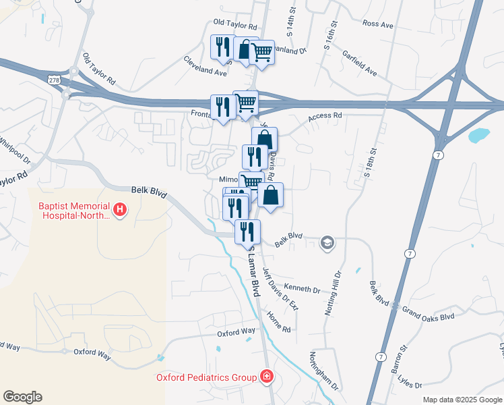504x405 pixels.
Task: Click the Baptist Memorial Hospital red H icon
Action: pos(120,210)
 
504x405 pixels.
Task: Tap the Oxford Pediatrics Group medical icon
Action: pos(267,377)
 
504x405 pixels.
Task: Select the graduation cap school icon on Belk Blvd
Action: pos(327,243)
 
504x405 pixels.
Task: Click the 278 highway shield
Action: pos(54,80)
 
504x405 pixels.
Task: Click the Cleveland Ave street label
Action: pos(205,65)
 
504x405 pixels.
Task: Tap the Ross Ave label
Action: pos(377,24)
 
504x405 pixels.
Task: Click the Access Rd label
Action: pos(325,116)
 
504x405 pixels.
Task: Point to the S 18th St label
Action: pos(369,163)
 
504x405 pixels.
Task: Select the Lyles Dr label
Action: pos(409,383)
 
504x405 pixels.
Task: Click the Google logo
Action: pos(22,397)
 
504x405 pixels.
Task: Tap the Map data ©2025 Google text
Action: pos(462,400)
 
